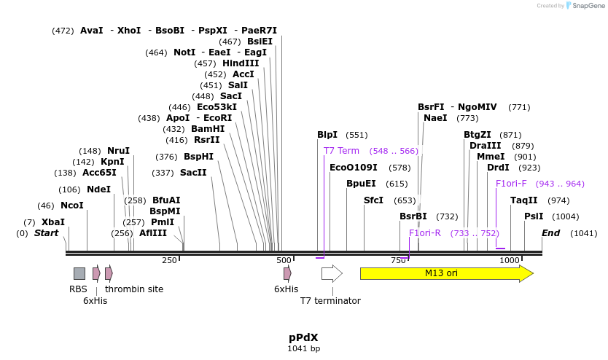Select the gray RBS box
pos(79,273)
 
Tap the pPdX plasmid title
pos(303,337)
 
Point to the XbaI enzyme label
pos(52,222)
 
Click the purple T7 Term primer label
pos(341,150)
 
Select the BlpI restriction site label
pos(327,135)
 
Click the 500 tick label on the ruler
pos(284,260)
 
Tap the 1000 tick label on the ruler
pos(510,260)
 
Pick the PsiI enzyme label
pos(534,216)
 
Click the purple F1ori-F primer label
pos(510,184)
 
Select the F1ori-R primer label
pos(424,232)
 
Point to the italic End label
pos(550,232)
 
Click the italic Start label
pos(46,232)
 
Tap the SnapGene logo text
pos(587,6)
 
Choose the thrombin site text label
pos(134,289)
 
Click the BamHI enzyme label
pos(208,128)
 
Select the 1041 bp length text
pos(303,349)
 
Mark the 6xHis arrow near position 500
pos(287,273)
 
